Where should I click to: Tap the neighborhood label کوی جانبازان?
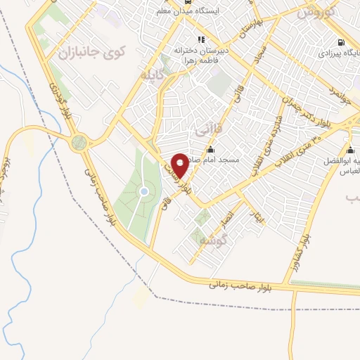(x=91, y=52)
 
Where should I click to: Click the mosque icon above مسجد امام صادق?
(x=211, y=148)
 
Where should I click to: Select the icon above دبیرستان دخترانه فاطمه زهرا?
(x=202, y=39)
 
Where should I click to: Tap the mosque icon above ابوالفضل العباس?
(x=351, y=150)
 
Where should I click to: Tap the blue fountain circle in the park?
(x=144, y=192)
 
